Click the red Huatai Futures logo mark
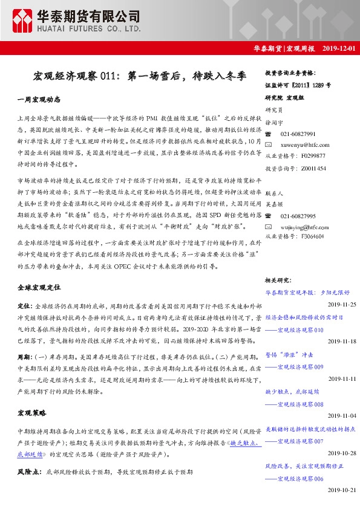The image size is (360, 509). pyautogui.click(x=23, y=21)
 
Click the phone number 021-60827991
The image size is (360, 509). pyautogui.click(x=298, y=134)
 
